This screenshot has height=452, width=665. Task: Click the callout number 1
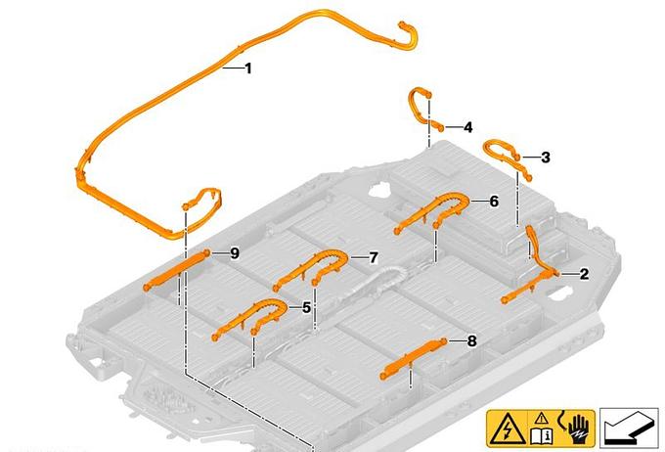(x=248, y=68)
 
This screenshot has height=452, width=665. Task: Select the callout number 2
(x=585, y=274)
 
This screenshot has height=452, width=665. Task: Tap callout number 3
(x=546, y=158)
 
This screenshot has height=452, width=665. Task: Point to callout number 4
(x=467, y=127)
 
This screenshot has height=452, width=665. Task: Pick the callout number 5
(x=307, y=308)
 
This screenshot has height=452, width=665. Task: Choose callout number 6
(x=494, y=202)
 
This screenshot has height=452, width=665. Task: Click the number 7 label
(x=374, y=257)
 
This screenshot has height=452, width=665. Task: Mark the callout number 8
(x=471, y=340)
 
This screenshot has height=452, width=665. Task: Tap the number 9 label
(x=235, y=253)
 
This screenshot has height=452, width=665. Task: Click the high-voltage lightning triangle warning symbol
(x=507, y=429)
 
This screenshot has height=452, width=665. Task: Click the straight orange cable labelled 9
(x=177, y=269)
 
